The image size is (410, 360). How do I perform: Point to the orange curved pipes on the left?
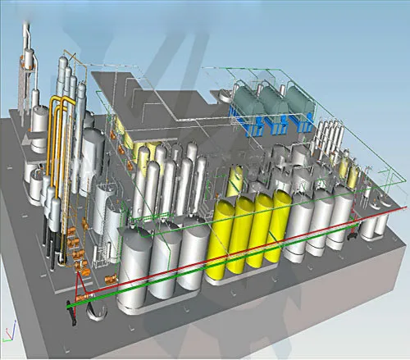tap(57, 148)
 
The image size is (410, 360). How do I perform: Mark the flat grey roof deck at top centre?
tap(164, 90)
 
